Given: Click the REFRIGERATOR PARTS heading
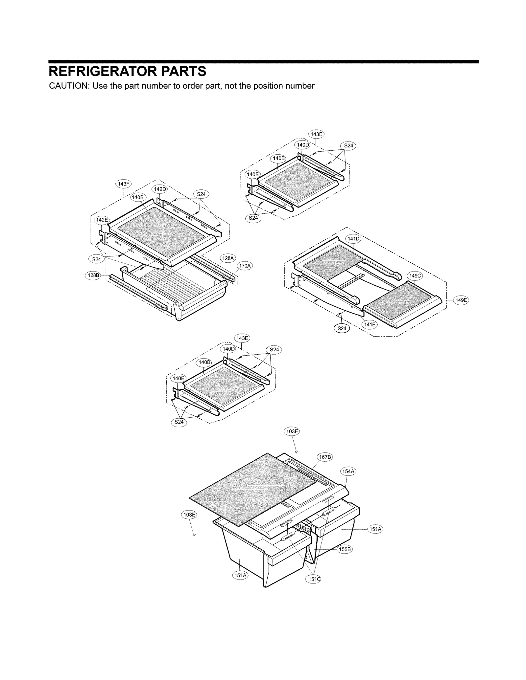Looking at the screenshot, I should (128, 71).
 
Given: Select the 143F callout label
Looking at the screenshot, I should (124, 184).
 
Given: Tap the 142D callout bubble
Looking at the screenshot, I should (160, 189).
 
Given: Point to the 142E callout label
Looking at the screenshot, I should (102, 220).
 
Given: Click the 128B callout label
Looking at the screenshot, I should (93, 275).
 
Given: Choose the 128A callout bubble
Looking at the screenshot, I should (228, 258).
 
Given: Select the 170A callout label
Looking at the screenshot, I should (245, 266).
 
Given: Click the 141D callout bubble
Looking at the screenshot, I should (353, 239).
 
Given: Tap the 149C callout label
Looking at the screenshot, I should (415, 276).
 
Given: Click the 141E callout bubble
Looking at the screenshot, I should (369, 324).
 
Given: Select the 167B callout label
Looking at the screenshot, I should (325, 457).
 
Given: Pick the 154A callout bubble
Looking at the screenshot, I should (348, 471).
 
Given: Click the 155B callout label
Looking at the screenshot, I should (345, 549).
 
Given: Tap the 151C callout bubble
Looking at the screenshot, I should (314, 579).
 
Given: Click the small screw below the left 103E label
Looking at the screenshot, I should (194, 535).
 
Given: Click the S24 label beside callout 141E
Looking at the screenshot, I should (342, 328).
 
